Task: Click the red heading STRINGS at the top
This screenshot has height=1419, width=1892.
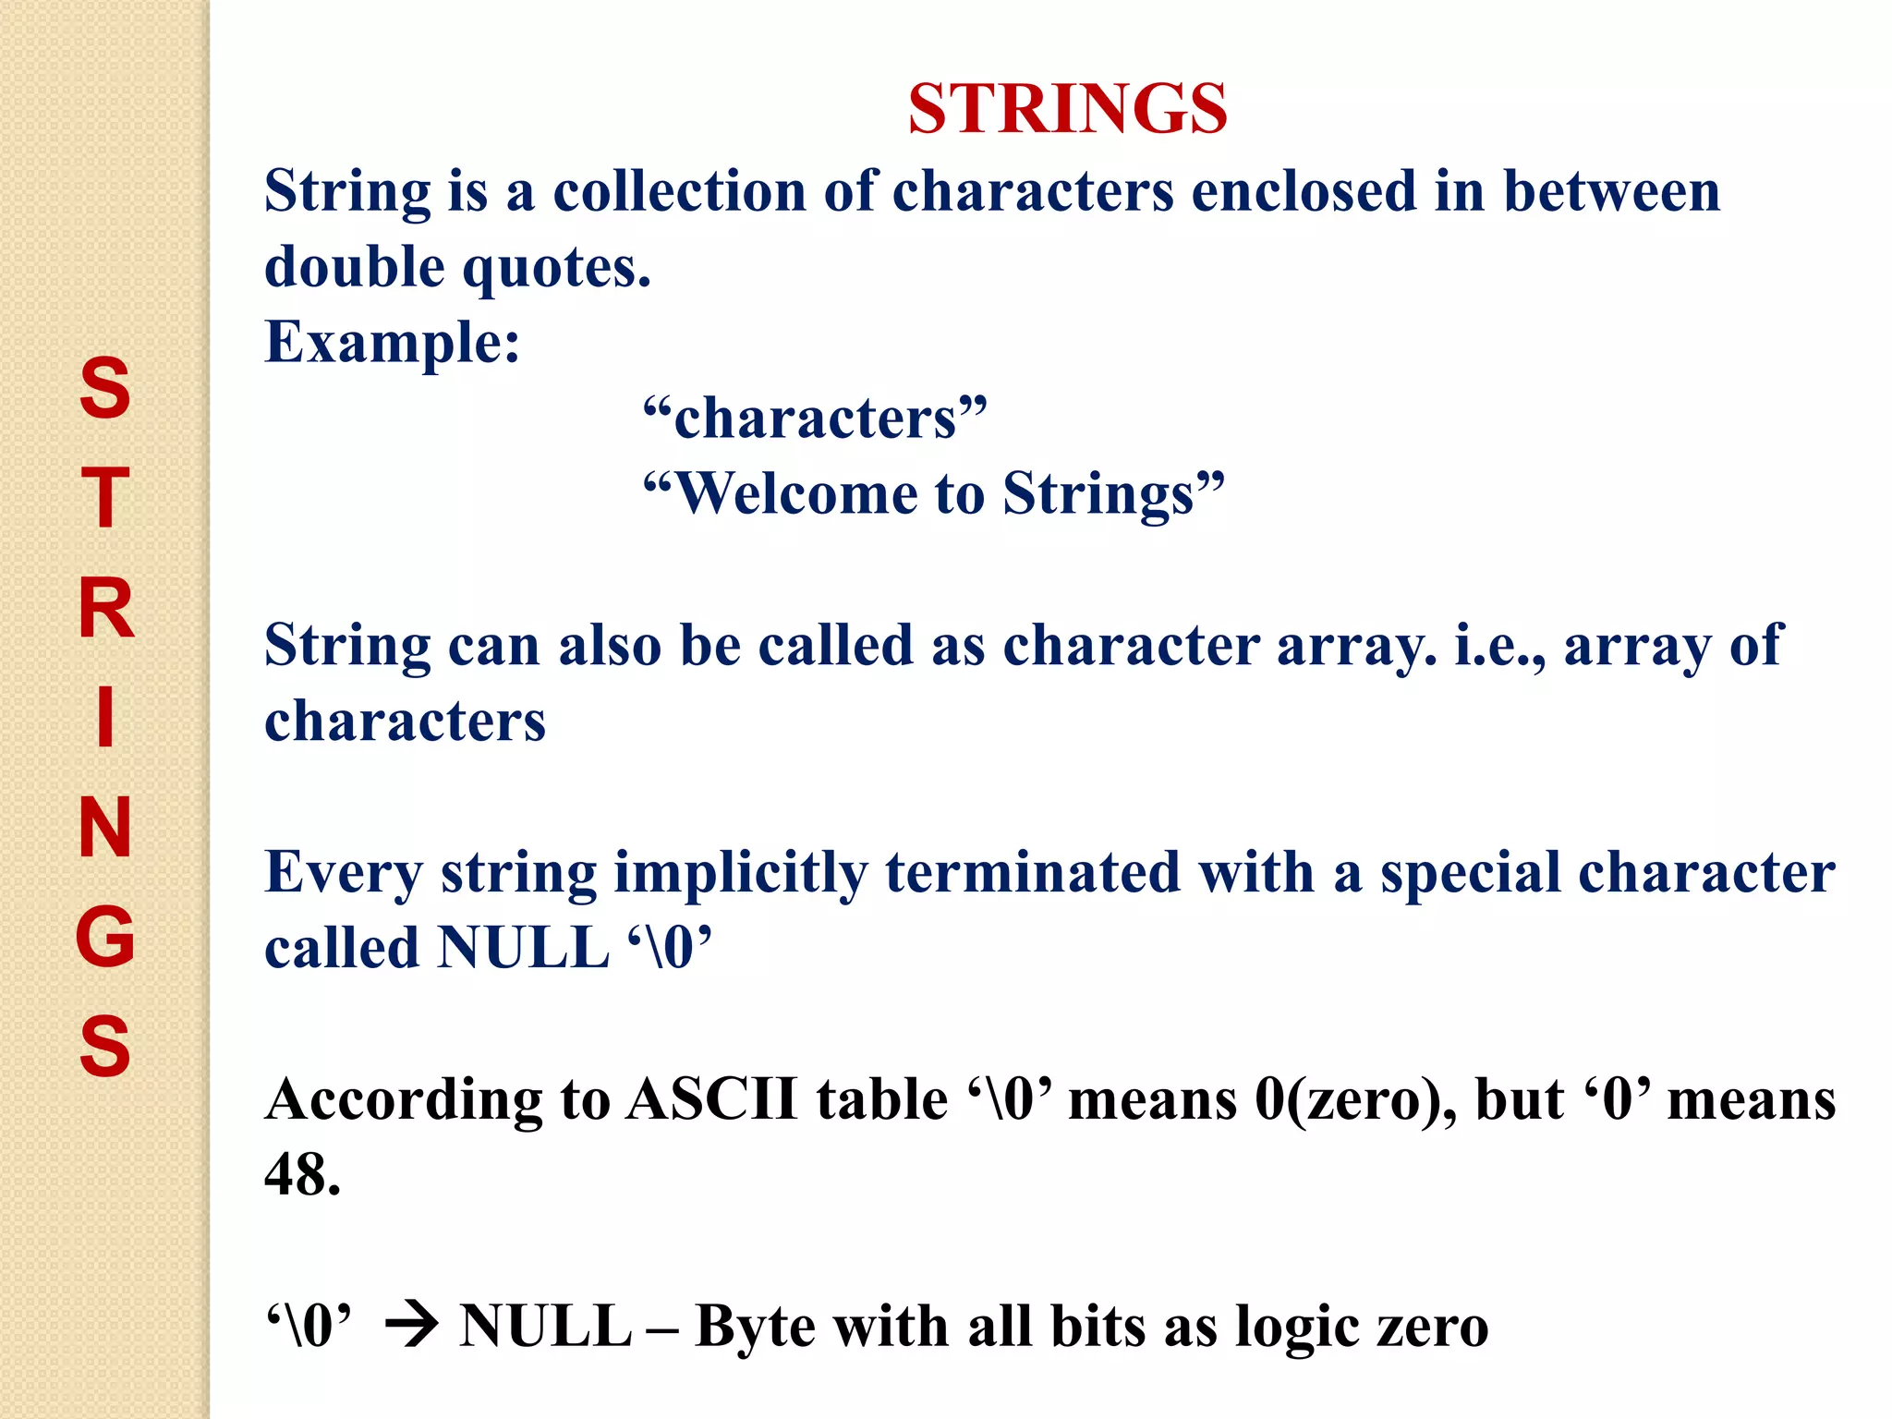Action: pos(1067,109)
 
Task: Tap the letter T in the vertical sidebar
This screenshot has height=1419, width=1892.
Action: pos(105,498)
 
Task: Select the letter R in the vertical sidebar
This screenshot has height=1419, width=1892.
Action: pos(106,609)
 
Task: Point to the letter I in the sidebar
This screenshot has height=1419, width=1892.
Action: pos(106,716)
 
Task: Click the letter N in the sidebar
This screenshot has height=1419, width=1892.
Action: pos(105,827)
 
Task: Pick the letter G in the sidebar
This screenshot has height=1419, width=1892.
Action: pos(105,937)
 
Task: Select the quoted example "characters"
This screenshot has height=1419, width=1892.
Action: pos(815,418)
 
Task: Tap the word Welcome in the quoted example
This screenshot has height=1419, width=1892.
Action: pos(795,494)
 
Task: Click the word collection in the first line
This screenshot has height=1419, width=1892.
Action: pos(680,192)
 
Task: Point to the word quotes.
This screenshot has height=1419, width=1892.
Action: pos(556,268)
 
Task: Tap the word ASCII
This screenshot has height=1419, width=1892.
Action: pos(711,1100)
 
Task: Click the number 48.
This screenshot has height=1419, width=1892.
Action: pos(301,1176)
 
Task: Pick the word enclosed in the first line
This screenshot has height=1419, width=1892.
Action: pos(1304,192)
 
